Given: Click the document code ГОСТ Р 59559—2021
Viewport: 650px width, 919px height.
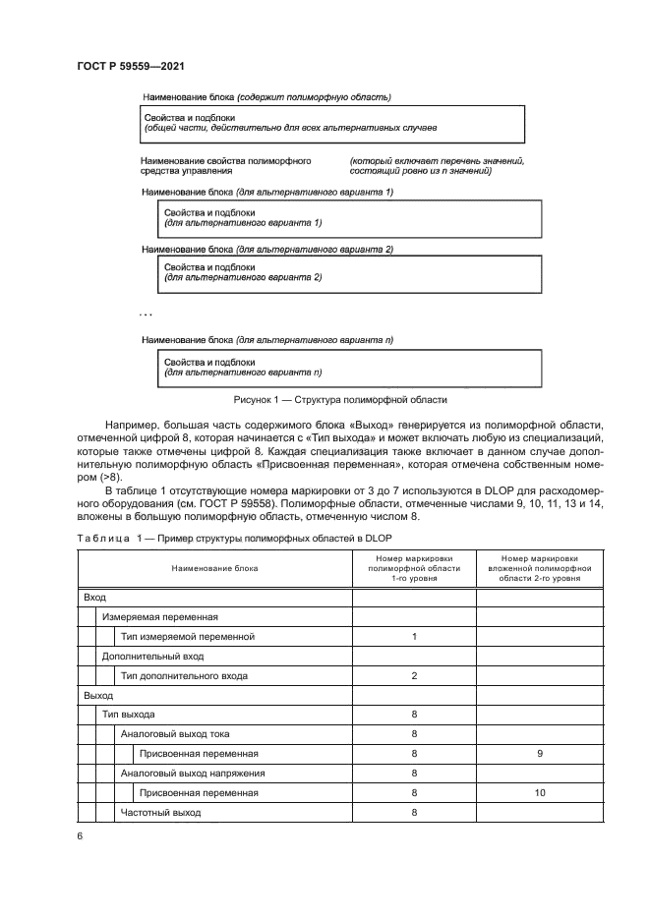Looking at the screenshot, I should pos(131,66).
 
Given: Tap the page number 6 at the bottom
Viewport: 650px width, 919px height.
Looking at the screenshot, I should pos(80,835).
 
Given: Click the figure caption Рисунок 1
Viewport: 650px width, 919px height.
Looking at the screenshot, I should pos(339,400).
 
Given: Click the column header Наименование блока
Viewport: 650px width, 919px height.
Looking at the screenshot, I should pos(214,568).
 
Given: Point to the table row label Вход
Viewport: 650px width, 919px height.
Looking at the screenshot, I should pos(95,597).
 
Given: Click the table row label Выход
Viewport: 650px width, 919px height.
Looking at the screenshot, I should pos(99,695).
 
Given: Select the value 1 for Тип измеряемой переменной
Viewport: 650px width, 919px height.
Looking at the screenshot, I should pos(415,636).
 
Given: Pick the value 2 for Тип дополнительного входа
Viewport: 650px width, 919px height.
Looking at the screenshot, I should pos(415,675).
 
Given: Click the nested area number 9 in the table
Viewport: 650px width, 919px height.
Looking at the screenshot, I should pos(540,754).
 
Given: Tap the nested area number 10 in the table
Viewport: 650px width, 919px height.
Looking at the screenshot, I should pos(540,792).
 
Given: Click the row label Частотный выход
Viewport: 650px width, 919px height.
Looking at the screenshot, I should pos(160,813).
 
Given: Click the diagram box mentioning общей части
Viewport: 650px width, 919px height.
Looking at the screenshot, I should pos(333,123).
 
